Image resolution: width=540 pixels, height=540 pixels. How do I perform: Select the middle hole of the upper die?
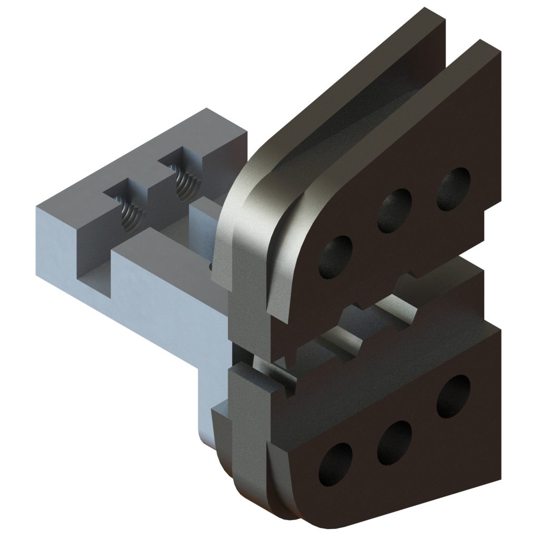pyautogui.click(x=394, y=209)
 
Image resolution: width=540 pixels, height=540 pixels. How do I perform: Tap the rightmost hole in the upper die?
pyautogui.click(x=454, y=189)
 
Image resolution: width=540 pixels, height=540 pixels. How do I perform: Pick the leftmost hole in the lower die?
pyautogui.click(x=335, y=462)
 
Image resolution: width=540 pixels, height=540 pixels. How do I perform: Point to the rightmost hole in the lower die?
pyautogui.click(x=453, y=396)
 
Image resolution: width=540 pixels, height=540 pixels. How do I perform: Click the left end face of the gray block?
pyautogui.click(x=55, y=248)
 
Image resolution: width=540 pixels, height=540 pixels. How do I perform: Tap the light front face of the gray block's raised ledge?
pyautogui.click(x=158, y=295)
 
